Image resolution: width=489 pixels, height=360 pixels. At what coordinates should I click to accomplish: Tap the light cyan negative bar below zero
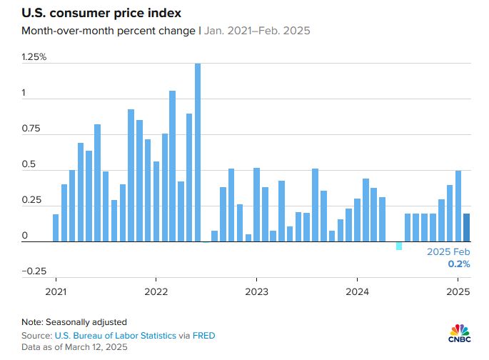coord(399,246)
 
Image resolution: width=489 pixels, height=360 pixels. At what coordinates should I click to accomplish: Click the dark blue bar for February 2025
coord(466,228)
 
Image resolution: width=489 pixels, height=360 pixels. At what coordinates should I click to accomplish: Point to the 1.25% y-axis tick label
coord(34,56)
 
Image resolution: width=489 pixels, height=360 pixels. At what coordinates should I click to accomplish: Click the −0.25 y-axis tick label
coord(32,271)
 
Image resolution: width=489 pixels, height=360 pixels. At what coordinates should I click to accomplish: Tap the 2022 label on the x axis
coord(156,291)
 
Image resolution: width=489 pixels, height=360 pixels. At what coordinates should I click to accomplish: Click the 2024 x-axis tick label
coord(357,291)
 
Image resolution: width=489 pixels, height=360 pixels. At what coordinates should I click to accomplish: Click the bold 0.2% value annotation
coord(459,264)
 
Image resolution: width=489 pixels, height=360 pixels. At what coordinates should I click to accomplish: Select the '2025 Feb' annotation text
coord(448,252)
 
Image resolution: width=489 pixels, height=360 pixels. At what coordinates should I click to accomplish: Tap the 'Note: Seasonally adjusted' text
coord(74,322)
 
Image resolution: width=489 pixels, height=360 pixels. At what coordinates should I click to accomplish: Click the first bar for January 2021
coord(56,228)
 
